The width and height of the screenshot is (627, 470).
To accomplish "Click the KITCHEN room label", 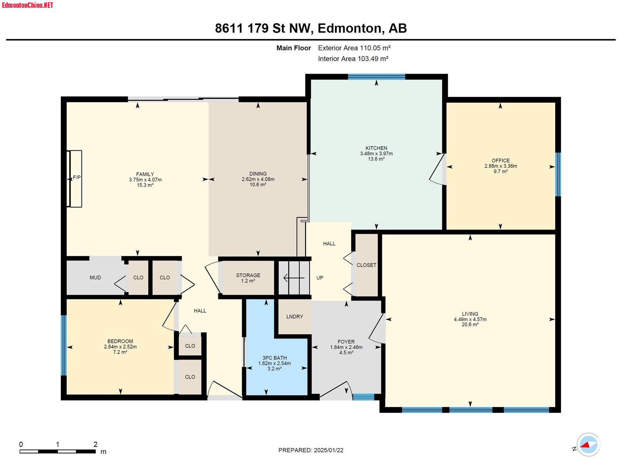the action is (376, 148).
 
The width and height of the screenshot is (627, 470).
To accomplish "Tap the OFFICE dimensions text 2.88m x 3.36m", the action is (500, 166).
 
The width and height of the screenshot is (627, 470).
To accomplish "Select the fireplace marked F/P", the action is (74, 179).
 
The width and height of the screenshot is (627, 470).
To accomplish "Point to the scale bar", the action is (58, 451).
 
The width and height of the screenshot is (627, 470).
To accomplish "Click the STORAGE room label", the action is (248, 275).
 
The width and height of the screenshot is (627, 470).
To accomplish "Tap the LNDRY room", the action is (295, 316).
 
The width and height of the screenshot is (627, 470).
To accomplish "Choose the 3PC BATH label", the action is (275, 358).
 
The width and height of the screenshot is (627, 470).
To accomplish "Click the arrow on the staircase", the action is (294, 278).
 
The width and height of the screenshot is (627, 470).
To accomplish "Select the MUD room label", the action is (95, 277).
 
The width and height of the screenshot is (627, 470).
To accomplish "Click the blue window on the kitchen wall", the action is (377, 76).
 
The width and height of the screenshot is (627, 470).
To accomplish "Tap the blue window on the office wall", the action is (558, 174).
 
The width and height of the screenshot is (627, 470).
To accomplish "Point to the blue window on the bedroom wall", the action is (64, 345).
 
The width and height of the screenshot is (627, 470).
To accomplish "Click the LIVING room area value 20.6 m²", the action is (470, 324).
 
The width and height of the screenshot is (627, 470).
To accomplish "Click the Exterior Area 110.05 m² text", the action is (354, 48).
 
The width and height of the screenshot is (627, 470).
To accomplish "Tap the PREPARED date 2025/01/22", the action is (328, 450).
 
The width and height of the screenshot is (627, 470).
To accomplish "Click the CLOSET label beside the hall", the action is (366, 265).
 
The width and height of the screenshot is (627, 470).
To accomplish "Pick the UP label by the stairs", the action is (320, 278).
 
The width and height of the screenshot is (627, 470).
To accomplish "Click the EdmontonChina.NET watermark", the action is (27, 5).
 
